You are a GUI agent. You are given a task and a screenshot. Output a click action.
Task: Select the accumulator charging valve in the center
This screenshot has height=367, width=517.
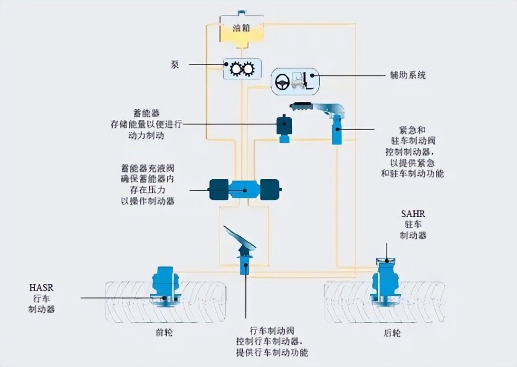pos(245,190)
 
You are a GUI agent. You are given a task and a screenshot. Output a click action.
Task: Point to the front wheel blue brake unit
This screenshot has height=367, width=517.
pos(165,285)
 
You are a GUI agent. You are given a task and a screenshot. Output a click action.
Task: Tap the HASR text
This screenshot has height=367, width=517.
pos(42,288)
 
